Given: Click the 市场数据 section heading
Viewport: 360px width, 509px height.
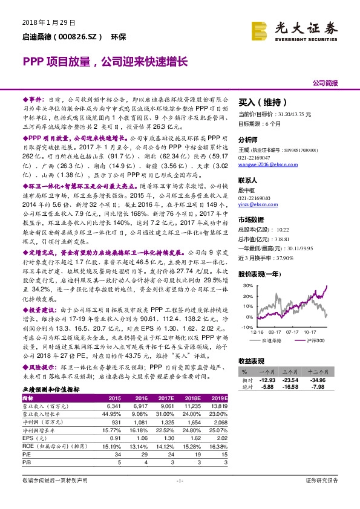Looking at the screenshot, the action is [251, 220].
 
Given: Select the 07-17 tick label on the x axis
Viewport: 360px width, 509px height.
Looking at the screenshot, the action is [292, 331].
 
